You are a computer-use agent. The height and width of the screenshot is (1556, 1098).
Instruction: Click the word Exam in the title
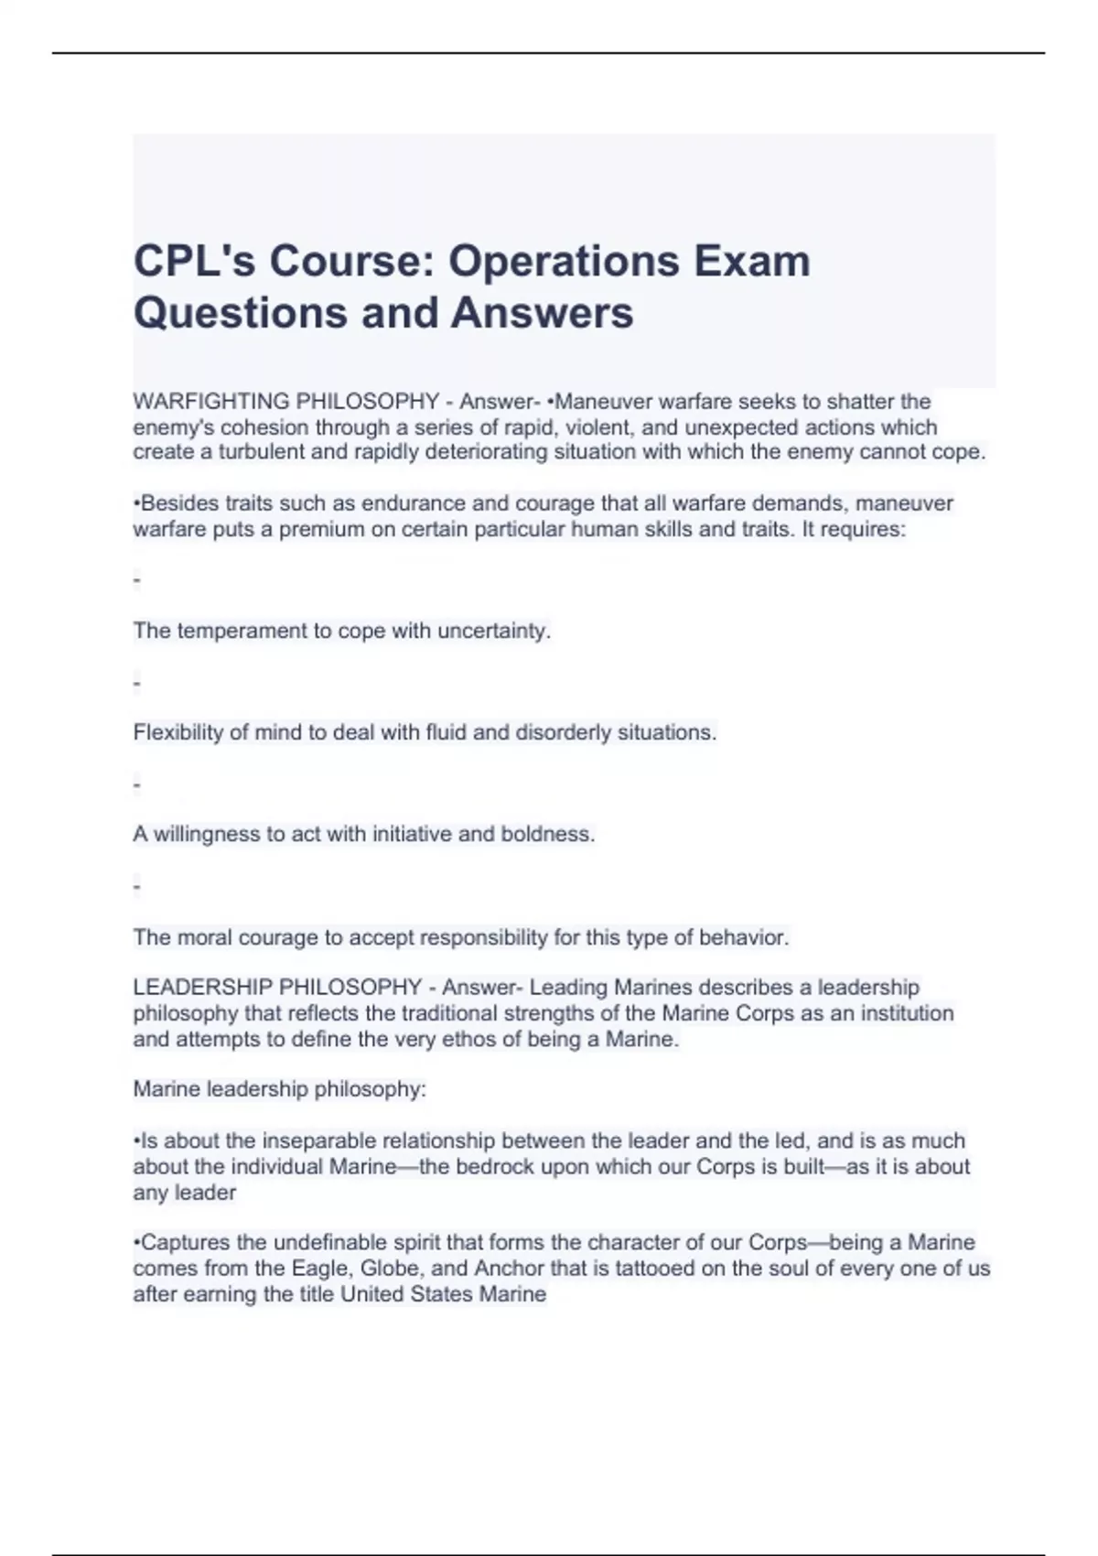pos(752,262)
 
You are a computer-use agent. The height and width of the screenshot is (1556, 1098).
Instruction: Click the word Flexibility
pos(178,732)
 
